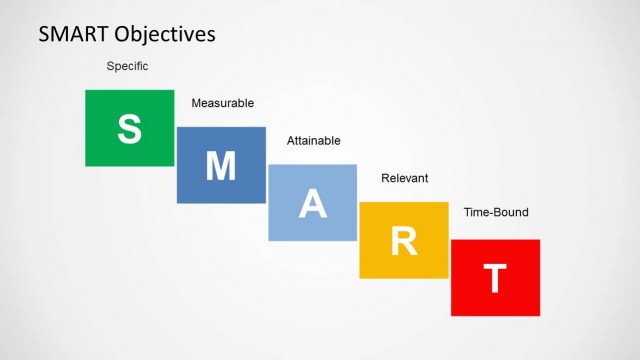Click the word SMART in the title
(74, 34)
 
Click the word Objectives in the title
(165, 35)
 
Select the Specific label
(127, 66)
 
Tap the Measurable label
(222, 103)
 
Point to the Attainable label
(313, 141)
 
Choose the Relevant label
(404, 178)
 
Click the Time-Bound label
(496, 212)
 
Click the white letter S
(130, 128)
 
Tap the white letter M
(221, 166)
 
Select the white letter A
(313, 203)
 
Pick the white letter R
(404, 241)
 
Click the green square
(105, 110)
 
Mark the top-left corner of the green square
(86, 90)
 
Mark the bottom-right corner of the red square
(539, 315)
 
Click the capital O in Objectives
(124, 35)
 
